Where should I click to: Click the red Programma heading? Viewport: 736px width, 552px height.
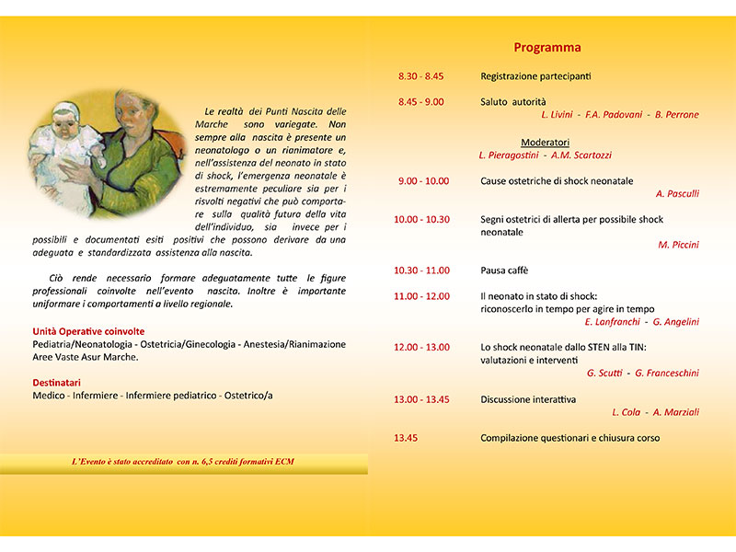pyautogui.click(x=547, y=48)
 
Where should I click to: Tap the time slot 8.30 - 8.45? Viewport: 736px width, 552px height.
pyautogui.click(x=420, y=76)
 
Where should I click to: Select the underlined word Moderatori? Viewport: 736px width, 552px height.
pyautogui.click(x=545, y=143)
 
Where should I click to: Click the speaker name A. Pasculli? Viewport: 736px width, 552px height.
pyautogui.click(x=677, y=193)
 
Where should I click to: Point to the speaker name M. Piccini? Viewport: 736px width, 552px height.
pyautogui.click(x=678, y=245)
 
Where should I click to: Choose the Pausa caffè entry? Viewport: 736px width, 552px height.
pyautogui.click(x=504, y=270)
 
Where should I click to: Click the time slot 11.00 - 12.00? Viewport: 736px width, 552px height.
pyautogui.click(x=421, y=296)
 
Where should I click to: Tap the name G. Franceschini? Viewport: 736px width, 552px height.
pyautogui.click(x=667, y=373)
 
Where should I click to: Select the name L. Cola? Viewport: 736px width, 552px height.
pyautogui.click(x=626, y=412)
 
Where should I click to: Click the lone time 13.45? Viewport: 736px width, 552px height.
pyautogui.click(x=406, y=438)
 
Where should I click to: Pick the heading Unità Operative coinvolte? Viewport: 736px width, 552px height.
pyautogui.click(x=88, y=331)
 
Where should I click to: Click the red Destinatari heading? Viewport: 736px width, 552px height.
pyautogui.click(x=56, y=383)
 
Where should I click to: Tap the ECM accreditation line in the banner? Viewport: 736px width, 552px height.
pyautogui.click(x=183, y=462)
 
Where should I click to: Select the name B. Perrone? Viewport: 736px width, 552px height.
pyautogui.click(x=677, y=114)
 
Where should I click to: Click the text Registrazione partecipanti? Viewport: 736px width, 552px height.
pyautogui.click(x=535, y=76)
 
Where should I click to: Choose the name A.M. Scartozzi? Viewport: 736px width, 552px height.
pyautogui.click(x=581, y=155)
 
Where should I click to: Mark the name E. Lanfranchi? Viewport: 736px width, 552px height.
pyautogui.click(x=612, y=321)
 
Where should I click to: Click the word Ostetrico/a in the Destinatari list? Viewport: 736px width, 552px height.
pyautogui.click(x=248, y=396)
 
